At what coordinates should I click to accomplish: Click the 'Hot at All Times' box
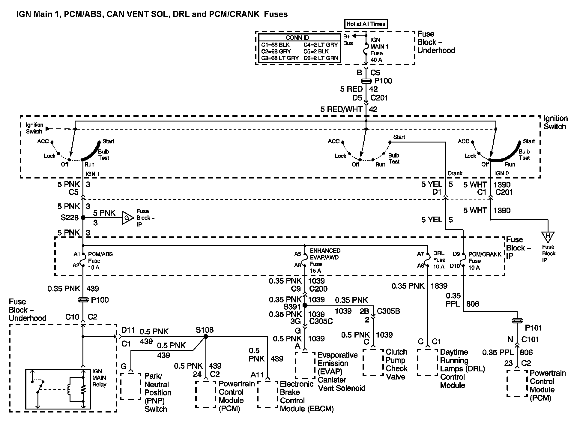click(366, 24)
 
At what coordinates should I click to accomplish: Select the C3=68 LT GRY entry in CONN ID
click(280, 58)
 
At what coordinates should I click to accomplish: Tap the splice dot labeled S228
click(83, 217)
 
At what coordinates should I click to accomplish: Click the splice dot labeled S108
click(206, 337)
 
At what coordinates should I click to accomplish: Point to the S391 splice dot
click(305, 305)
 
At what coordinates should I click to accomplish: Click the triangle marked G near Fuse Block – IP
click(127, 218)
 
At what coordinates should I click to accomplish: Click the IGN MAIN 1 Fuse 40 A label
click(379, 50)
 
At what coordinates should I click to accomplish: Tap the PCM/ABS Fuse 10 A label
click(100, 261)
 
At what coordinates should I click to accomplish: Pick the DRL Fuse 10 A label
click(439, 260)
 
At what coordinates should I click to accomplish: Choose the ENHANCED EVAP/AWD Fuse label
click(325, 260)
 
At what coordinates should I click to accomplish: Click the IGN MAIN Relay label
click(99, 378)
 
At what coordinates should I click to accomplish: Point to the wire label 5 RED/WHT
click(341, 109)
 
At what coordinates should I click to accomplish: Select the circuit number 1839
click(439, 286)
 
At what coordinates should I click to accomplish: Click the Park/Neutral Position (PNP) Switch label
click(158, 392)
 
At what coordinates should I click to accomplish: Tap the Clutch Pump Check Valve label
click(396, 364)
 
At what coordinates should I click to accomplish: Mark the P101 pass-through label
click(533, 328)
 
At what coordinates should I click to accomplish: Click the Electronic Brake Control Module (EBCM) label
click(306, 396)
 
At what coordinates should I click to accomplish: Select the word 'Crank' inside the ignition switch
click(455, 173)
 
